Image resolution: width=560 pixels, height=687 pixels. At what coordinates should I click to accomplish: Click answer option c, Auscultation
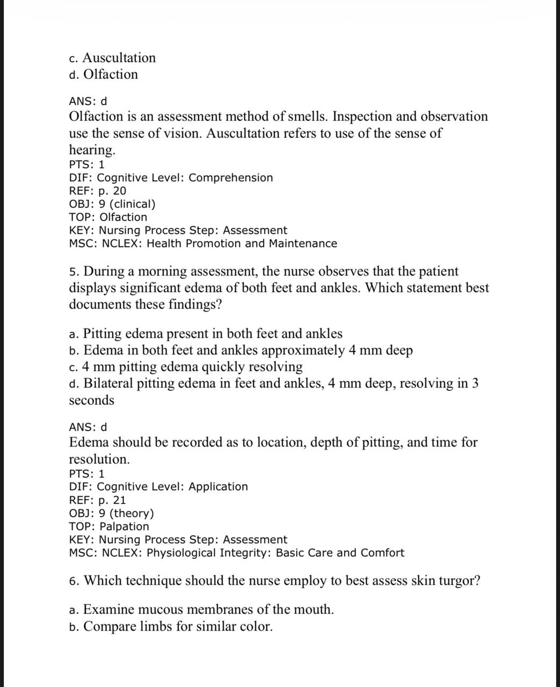click(112, 58)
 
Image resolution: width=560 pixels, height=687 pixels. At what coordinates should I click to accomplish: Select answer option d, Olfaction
click(104, 75)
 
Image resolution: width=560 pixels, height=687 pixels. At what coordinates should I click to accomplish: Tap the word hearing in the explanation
click(91, 150)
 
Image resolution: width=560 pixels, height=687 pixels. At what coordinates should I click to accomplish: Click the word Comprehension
click(230, 178)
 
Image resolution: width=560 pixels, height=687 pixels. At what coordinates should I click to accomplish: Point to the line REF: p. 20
click(98, 191)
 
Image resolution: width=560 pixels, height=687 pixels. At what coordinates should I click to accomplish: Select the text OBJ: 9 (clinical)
click(112, 204)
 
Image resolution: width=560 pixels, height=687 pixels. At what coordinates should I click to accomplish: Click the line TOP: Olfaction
click(108, 217)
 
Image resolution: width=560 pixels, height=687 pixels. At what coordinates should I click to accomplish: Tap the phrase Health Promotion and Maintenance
click(242, 244)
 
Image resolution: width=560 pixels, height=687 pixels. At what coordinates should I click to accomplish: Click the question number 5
click(74, 272)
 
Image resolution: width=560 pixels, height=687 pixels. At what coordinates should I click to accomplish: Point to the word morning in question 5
click(156, 272)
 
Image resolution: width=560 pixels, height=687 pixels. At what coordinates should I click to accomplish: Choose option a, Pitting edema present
click(206, 334)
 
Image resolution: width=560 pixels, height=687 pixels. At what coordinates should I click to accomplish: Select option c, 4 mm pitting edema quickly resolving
click(186, 367)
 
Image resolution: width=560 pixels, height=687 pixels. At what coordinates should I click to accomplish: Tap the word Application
click(218, 487)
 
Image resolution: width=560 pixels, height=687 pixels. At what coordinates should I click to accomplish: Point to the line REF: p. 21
click(98, 500)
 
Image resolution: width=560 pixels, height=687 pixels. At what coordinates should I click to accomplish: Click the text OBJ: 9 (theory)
click(111, 513)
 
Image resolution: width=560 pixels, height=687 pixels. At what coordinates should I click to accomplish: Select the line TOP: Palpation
click(109, 527)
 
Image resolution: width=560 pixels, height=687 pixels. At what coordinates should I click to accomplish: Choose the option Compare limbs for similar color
click(171, 626)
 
